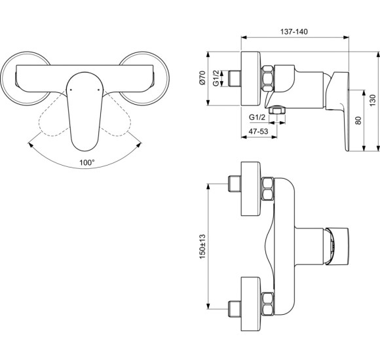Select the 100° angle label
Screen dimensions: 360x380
coord(86,162)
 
